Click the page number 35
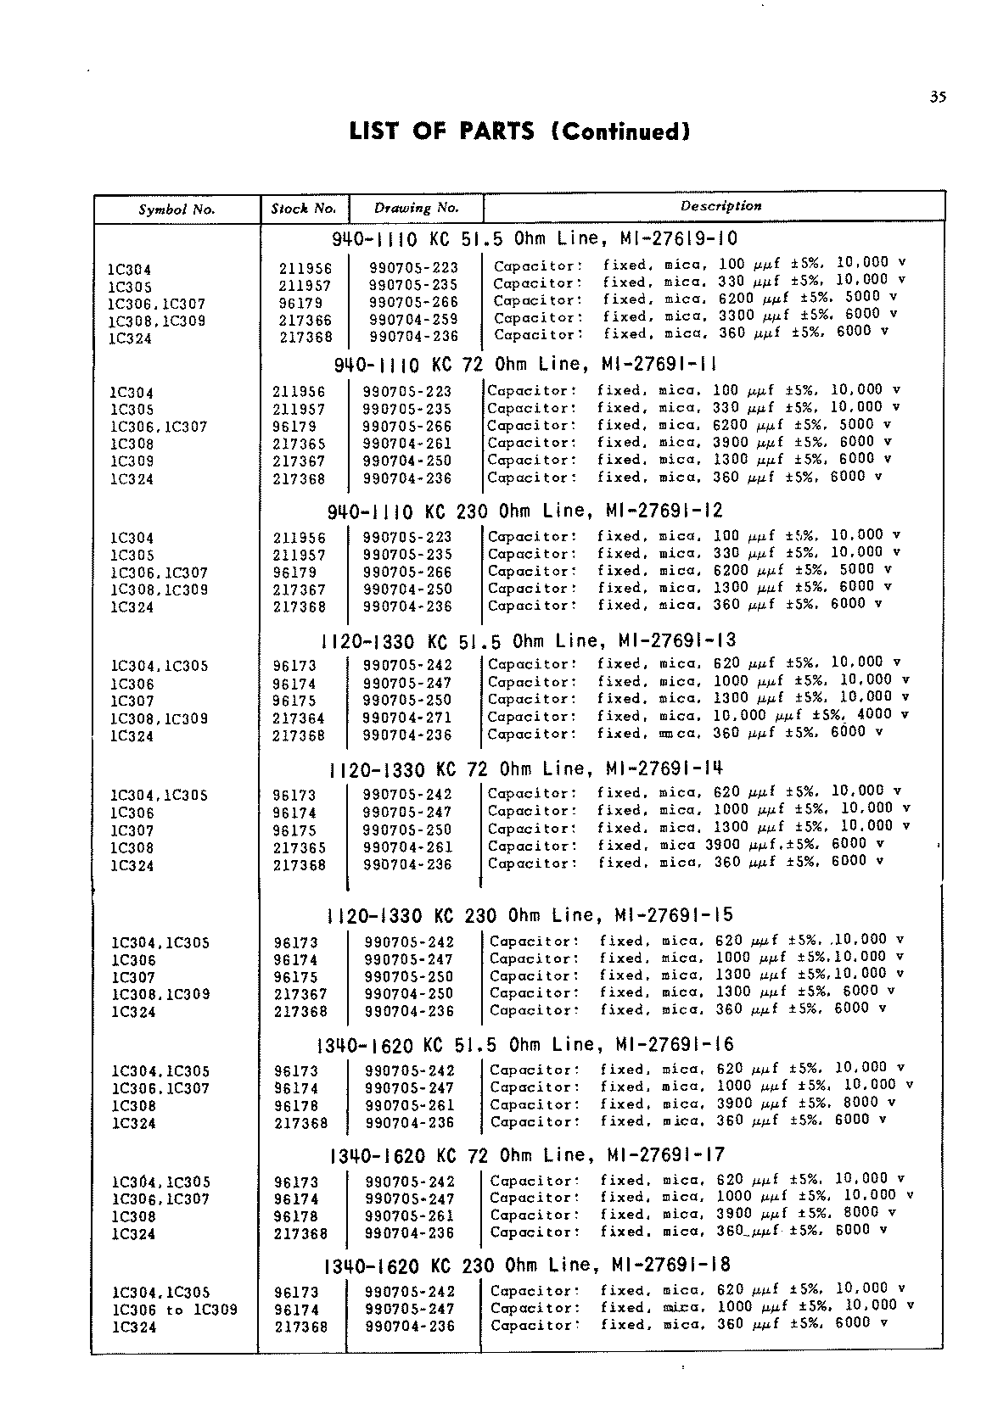click(x=937, y=97)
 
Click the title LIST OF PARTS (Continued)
click(x=519, y=131)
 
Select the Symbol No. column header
click(x=177, y=210)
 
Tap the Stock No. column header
click(x=304, y=208)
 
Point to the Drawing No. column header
click(x=416, y=208)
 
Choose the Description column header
click(x=720, y=206)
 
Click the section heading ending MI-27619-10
click(x=535, y=238)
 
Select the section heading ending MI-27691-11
click(x=525, y=365)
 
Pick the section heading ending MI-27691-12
click(x=524, y=511)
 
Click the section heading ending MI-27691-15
click(x=530, y=915)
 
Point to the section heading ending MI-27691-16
click(x=524, y=1044)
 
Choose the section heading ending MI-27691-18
click(x=527, y=1266)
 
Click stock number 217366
click(x=306, y=321)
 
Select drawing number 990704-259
click(x=413, y=320)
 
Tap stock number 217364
click(x=299, y=718)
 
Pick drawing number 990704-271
click(x=408, y=718)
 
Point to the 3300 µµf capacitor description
click(x=695, y=316)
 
